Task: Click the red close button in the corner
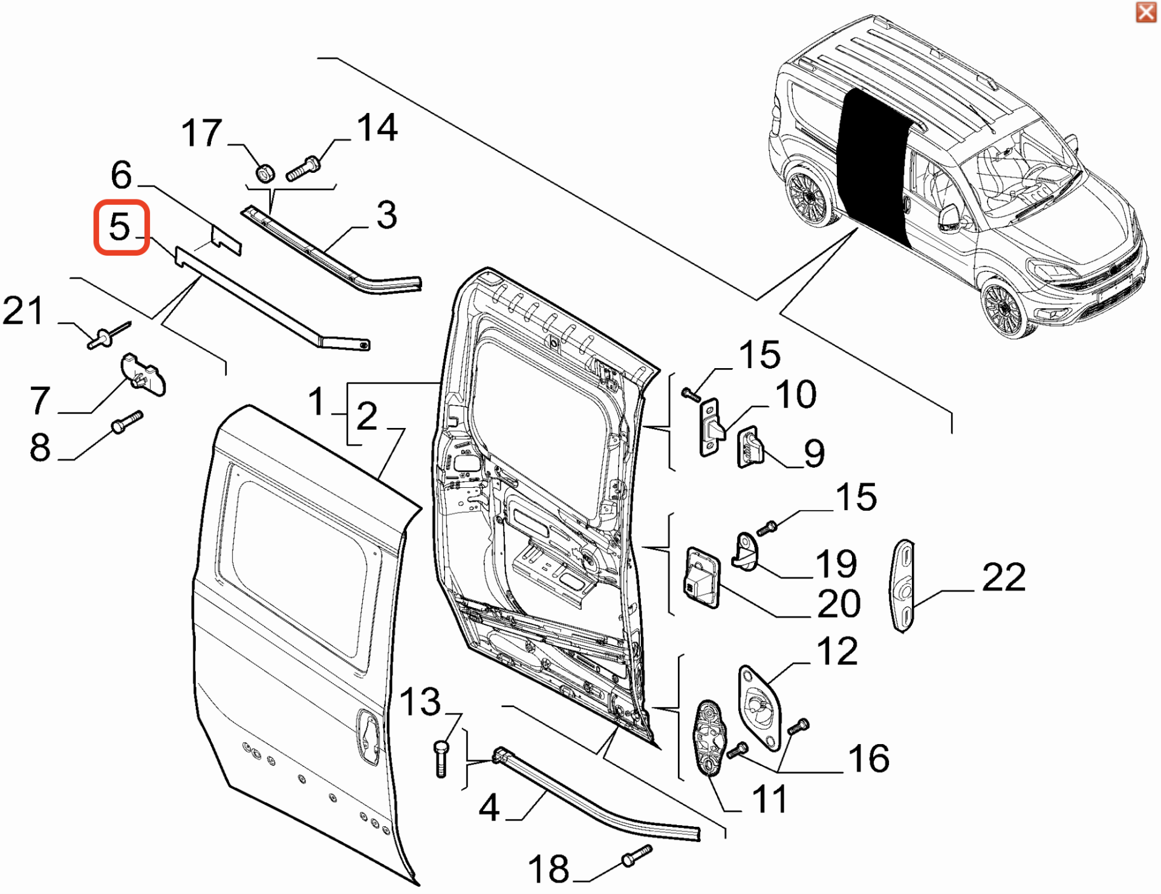(x=1146, y=12)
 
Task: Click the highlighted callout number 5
(x=121, y=227)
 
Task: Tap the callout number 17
(x=202, y=134)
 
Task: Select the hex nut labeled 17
(x=265, y=172)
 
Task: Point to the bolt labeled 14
(x=304, y=167)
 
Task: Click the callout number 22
(x=1004, y=577)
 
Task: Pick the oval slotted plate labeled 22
(x=903, y=585)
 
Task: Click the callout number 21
(x=23, y=311)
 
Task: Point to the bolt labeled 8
(x=127, y=421)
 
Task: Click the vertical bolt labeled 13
(x=441, y=759)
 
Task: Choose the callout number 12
(x=837, y=652)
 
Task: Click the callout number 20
(x=839, y=604)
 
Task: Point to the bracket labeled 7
(x=143, y=375)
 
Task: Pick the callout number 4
(x=489, y=808)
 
